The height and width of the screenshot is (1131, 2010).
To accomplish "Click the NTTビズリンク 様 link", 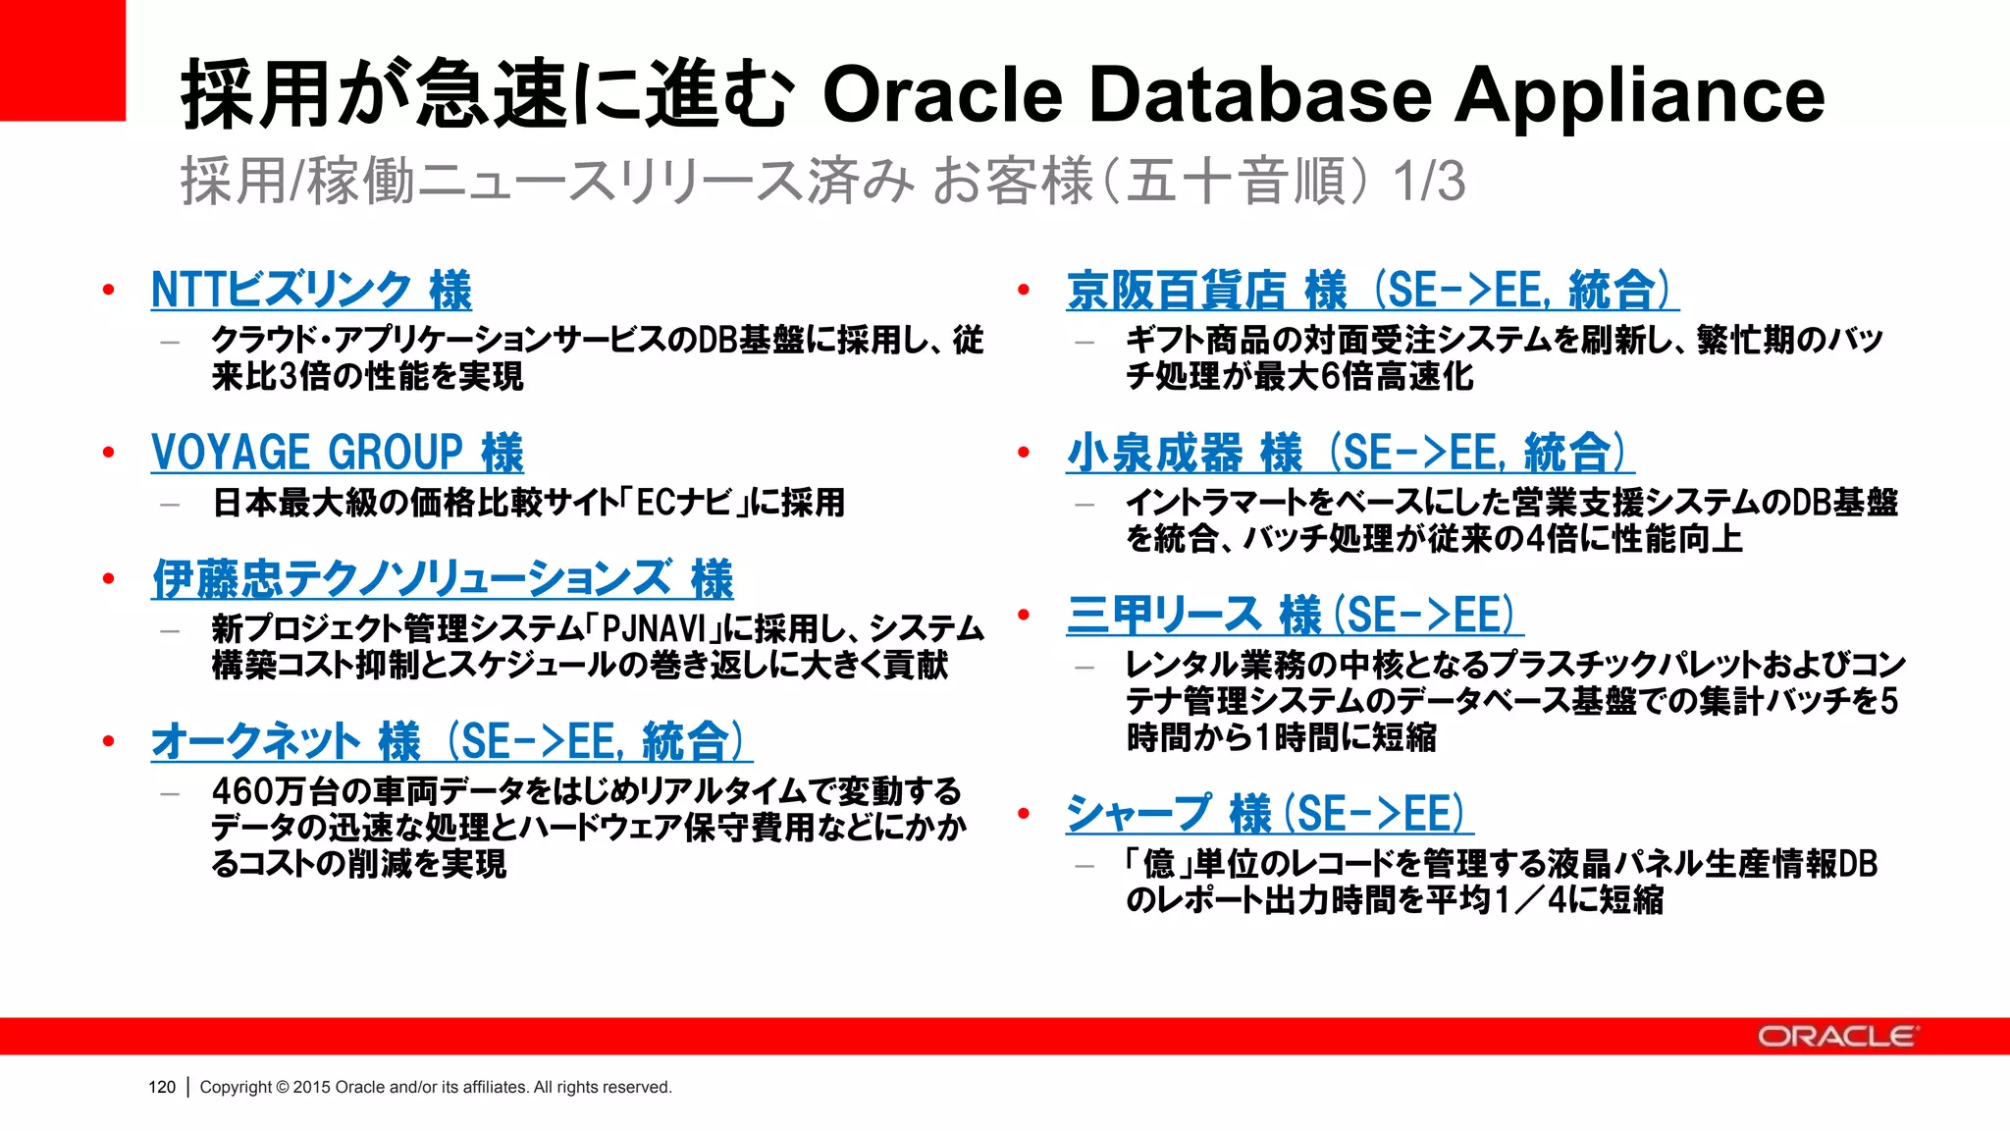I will [x=311, y=290].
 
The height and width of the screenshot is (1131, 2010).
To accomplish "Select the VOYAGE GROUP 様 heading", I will [x=337, y=453].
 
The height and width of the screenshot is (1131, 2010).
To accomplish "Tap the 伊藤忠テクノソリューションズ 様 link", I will [x=442, y=578].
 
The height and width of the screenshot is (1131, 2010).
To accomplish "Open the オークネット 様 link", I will [x=451, y=741].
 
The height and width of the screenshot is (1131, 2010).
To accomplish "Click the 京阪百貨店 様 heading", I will [x=1372, y=290].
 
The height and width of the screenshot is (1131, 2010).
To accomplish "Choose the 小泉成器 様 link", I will [x=1349, y=453].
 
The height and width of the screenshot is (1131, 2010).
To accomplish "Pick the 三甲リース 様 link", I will [x=1295, y=616].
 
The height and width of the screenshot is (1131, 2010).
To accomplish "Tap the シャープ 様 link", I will [x=1269, y=814].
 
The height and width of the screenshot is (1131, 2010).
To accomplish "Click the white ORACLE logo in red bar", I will [x=1835, y=1037].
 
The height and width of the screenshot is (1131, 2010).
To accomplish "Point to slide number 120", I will [x=162, y=1087].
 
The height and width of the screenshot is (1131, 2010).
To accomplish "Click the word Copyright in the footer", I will [x=236, y=1087].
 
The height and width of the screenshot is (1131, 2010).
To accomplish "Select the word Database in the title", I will [x=1260, y=95].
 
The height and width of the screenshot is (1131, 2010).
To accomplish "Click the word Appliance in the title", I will [x=1639, y=95].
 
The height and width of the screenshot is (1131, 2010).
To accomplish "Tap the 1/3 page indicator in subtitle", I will [x=1429, y=182].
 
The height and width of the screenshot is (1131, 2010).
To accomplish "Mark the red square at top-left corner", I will [x=62, y=59].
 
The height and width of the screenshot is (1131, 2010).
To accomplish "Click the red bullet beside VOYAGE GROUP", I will [x=109, y=453].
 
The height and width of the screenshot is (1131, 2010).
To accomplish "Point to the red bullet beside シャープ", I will [x=1024, y=814].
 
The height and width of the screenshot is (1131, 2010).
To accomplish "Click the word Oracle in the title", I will [x=942, y=95].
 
